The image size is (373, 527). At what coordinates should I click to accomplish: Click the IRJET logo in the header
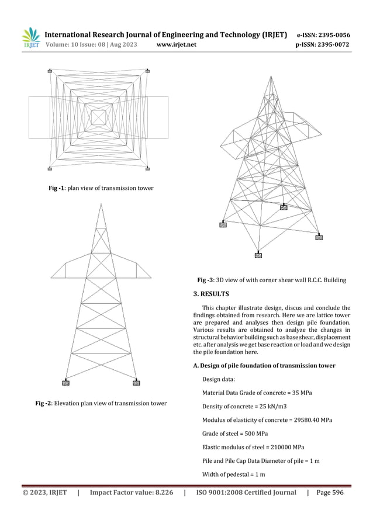pos(30,38)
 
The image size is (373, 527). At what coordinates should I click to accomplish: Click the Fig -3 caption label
pos(205,280)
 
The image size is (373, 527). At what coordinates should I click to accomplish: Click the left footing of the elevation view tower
pos(65,383)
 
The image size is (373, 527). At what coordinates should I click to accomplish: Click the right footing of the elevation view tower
pos(136,383)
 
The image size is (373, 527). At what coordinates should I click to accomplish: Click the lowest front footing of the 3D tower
pos(258,255)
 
